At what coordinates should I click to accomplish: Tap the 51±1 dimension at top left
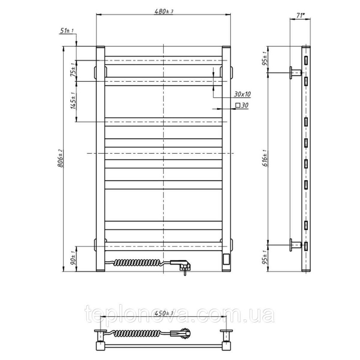(67, 31)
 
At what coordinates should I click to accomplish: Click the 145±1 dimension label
(73, 101)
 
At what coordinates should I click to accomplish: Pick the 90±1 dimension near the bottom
(73, 258)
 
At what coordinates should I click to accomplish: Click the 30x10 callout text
(242, 94)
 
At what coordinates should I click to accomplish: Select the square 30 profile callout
(242, 105)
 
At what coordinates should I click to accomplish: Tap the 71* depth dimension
(300, 15)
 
